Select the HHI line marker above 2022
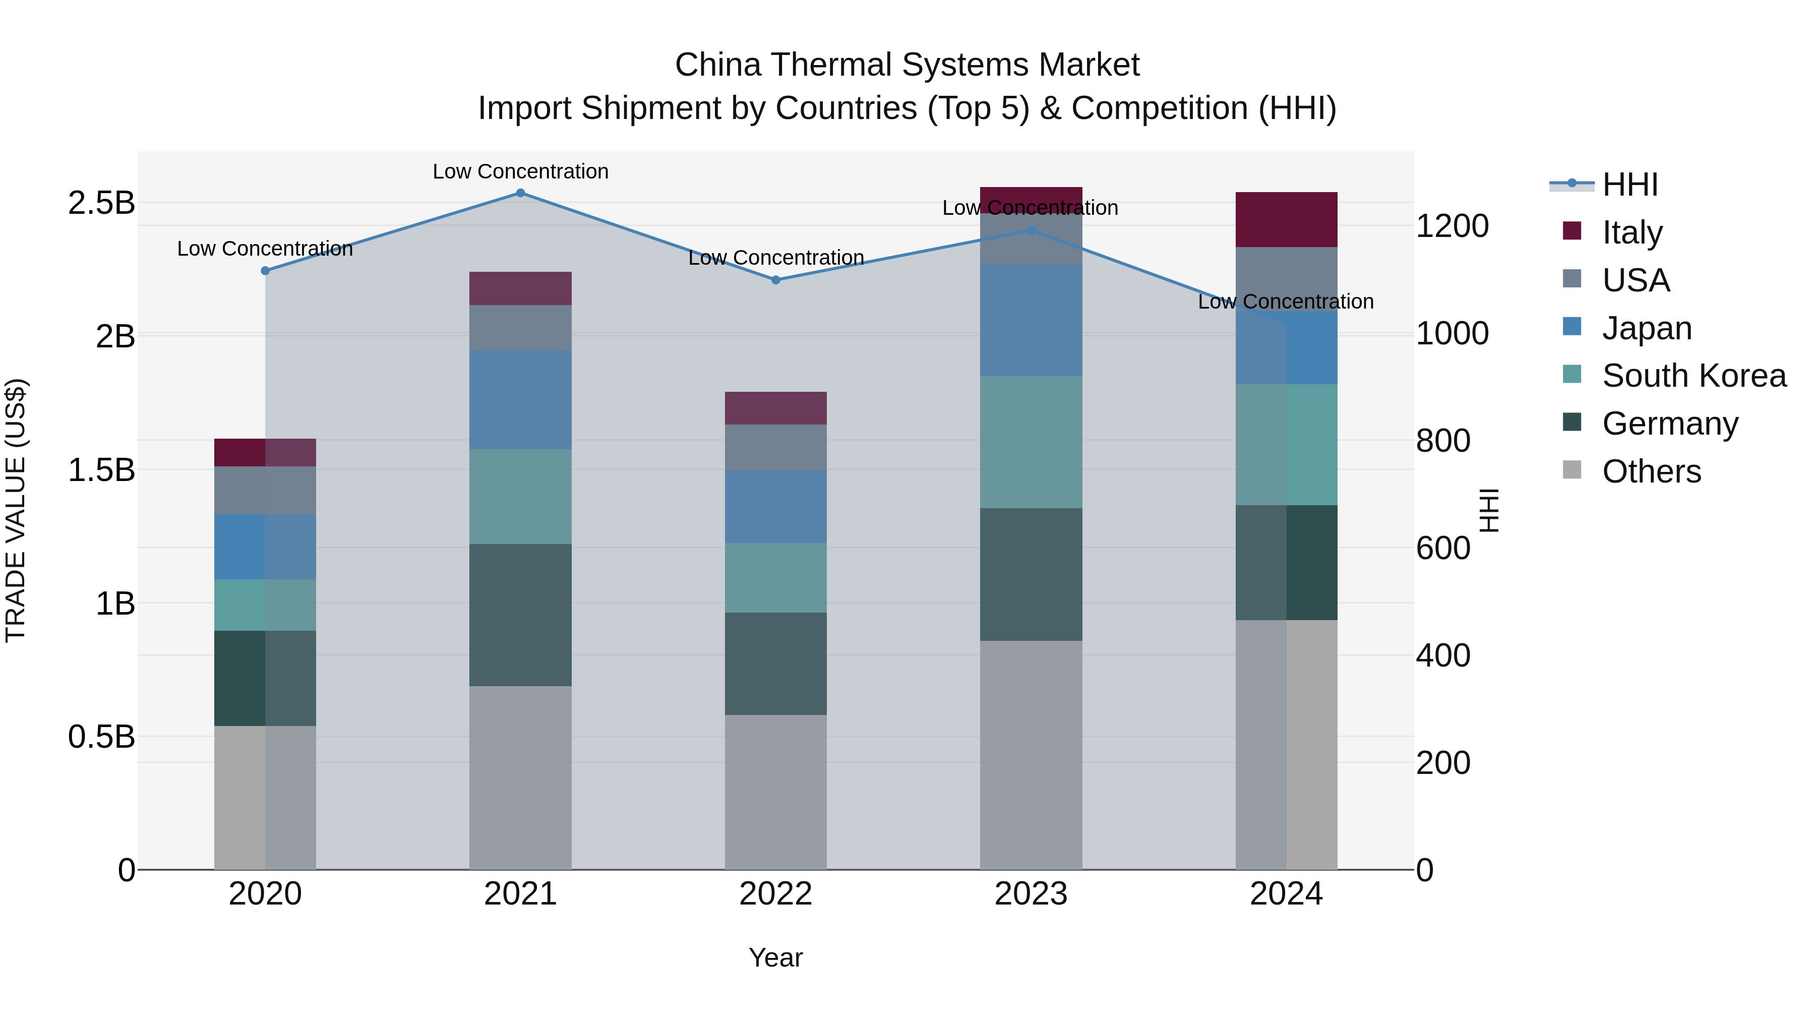click(x=776, y=280)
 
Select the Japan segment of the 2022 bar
click(x=776, y=507)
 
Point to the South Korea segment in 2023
click(x=1031, y=442)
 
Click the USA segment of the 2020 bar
click(x=265, y=491)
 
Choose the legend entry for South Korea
click(x=1694, y=376)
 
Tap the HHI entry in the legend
click(x=1629, y=185)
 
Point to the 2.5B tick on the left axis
click(x=101, y=203)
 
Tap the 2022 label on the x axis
click(x=776, y=894)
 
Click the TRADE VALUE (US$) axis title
click(x=16, y=510)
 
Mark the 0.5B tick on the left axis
click(x=101, y=737)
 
